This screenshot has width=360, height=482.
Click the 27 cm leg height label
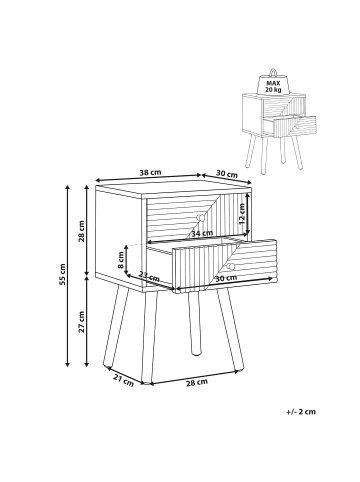pyautogui.click(x=83, y=322)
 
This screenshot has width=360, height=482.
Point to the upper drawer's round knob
pyautogui.click(x=199, y=217)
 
